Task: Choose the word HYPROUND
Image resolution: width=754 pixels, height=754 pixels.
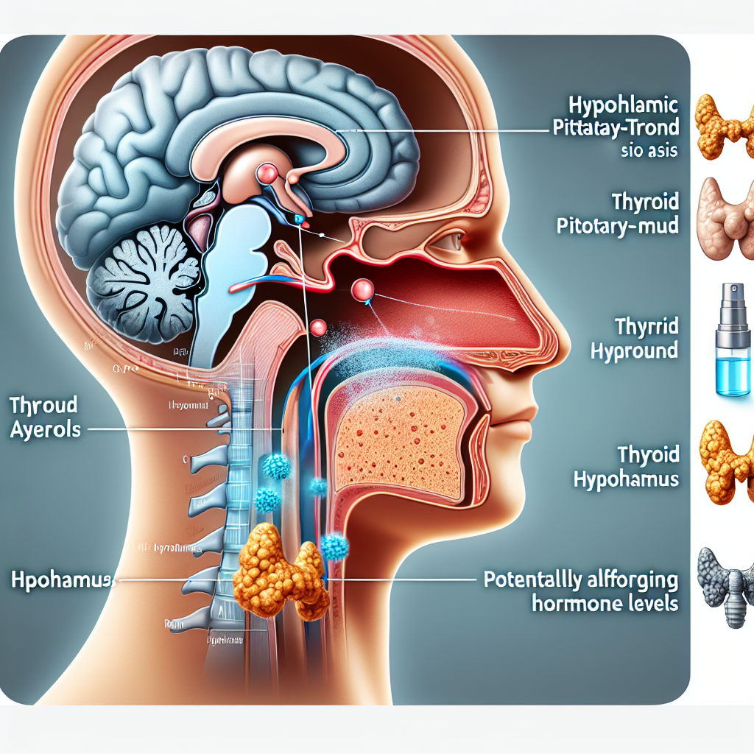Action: [634, 350]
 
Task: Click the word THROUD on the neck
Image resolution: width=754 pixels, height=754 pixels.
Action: [44, 404]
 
